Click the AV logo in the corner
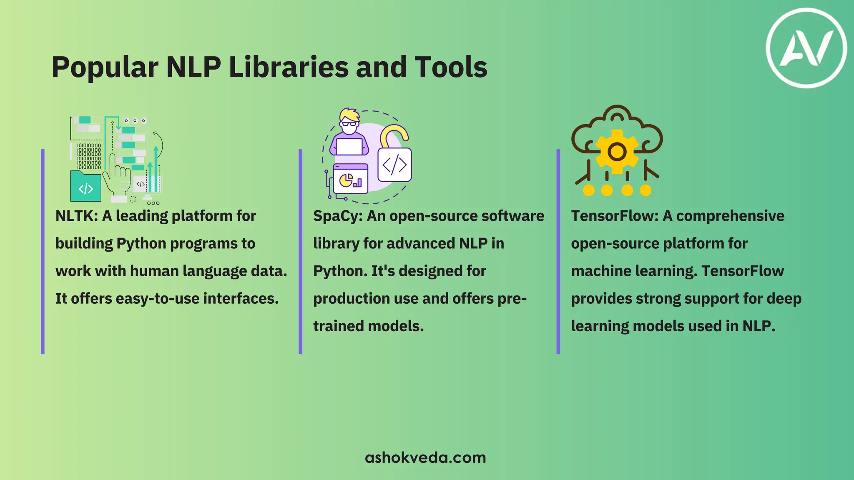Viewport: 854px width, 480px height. click(x=806, y=48)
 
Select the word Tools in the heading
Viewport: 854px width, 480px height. click(x=451, y=67)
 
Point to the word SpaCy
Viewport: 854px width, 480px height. click(x=337, y=216)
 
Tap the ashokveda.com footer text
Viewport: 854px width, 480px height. click(x=425, y=457)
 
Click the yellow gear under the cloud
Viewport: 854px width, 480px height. click(x=617, y=151)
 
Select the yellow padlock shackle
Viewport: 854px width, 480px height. click(x=394, y=135)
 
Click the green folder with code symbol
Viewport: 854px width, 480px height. click(x=85, y=187)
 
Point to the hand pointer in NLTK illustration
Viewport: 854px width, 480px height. click(x=116, y=177)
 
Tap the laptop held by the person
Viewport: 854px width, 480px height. click(x=349, y=147)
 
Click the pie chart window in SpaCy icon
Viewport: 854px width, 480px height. click(x=350, y=180)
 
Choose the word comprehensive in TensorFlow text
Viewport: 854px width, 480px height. click(x=730, y=216)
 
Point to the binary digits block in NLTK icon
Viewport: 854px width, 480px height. click(x=89, y=156)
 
